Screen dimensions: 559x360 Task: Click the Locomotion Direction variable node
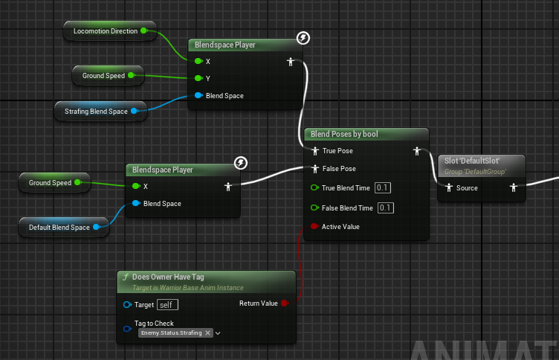110,31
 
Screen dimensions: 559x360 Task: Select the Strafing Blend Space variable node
100,112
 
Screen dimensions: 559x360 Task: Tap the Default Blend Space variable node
64,228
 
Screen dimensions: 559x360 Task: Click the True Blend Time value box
383,187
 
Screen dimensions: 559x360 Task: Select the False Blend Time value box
385,208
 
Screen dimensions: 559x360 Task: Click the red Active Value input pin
314,226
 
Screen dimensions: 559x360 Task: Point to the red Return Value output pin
284,303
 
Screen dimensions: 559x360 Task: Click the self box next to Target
167,305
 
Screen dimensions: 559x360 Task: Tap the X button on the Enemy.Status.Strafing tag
207,333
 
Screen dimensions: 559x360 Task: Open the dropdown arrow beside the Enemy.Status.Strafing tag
218,333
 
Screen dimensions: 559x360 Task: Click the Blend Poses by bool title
344,134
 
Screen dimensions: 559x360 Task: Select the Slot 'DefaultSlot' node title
471,161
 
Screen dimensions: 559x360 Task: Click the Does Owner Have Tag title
168,277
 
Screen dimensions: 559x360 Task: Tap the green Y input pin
198,78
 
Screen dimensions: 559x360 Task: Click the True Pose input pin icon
314,151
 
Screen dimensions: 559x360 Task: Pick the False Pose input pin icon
314,169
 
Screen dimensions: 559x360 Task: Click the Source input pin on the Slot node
449,187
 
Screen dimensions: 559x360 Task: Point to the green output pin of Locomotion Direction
143,30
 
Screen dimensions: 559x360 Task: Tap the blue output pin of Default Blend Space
96,227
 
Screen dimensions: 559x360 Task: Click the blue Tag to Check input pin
127,329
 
